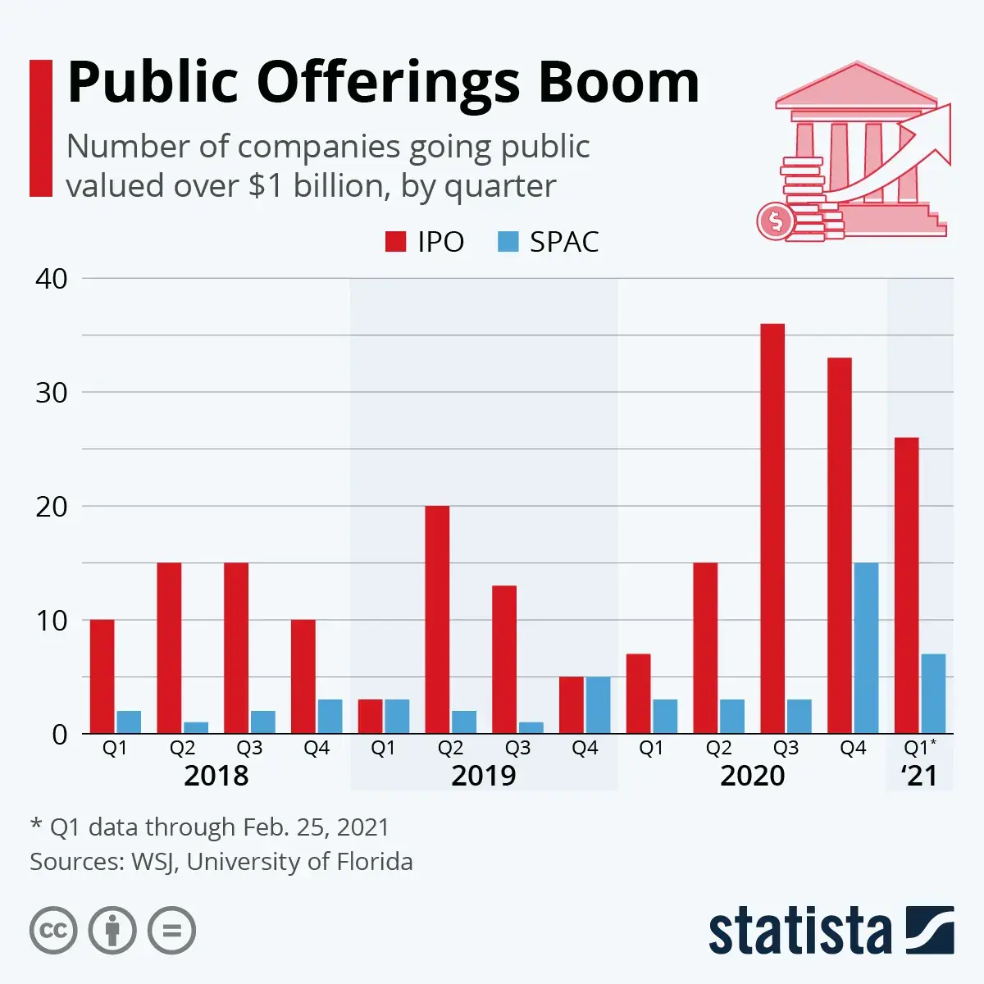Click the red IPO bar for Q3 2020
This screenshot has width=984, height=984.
point(772,528)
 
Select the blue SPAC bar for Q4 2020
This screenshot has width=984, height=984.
point(866,648)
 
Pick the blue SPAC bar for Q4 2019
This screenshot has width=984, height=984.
point(598,704)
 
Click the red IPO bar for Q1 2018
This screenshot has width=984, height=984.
point(102,676)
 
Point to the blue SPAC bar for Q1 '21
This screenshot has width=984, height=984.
point(933,693)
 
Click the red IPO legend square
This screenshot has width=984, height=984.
point(396,242)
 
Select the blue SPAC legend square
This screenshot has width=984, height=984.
point(508,242)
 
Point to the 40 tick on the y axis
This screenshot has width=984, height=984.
point(52,279)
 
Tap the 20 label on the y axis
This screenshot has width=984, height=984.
point(52,507)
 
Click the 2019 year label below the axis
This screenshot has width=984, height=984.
point(484,776)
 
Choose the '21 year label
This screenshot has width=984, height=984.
point(919,776)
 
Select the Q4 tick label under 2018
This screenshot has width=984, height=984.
point(317,748)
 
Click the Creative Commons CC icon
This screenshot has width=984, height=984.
point(53,931)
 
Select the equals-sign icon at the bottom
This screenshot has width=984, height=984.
point(171,931)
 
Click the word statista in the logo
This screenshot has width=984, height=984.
point(799,932)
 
